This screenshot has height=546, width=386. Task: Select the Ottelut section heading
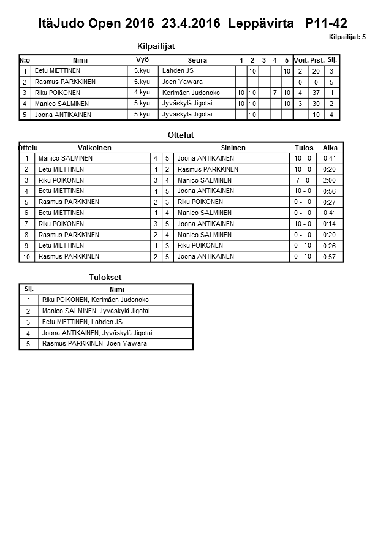180,135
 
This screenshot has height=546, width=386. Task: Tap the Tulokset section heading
105,277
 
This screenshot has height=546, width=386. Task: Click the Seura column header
197,60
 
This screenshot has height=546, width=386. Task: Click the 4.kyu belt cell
142,93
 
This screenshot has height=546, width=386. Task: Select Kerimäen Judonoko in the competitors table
191,93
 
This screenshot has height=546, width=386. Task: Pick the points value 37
316,93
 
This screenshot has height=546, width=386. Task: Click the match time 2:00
330,180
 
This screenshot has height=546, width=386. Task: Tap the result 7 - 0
303,180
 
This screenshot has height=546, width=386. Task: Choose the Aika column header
330,148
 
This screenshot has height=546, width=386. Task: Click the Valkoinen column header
94,148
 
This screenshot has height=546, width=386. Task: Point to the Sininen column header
233,148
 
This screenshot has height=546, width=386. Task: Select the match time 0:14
330,224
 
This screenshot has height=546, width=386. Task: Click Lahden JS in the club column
177,70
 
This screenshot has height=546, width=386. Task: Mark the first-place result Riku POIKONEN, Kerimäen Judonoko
96,300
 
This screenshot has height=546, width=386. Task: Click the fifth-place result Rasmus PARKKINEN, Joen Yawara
94,344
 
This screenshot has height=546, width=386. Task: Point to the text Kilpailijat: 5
347,37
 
